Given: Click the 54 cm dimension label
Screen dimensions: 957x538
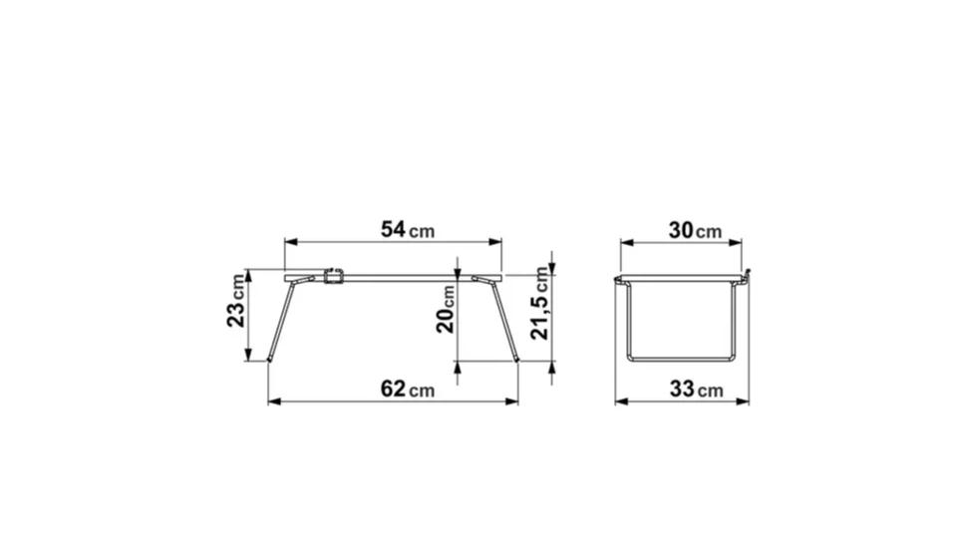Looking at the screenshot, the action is click(x=408, y=230).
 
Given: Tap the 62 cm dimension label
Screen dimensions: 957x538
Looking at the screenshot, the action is click(x=408, y=389).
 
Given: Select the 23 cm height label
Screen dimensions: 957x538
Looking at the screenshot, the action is click(x=236, y=301).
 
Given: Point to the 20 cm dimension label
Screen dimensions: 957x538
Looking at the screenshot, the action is click(x=446, y=309).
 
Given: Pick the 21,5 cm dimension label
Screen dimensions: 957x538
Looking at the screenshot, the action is click(x=539, y=303).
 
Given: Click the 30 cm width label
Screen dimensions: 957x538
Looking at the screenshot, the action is click(x=695, y=230).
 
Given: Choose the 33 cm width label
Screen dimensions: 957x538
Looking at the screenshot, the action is click(x=697, y=389).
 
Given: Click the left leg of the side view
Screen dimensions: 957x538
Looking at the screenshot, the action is click(x=282, y=319).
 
